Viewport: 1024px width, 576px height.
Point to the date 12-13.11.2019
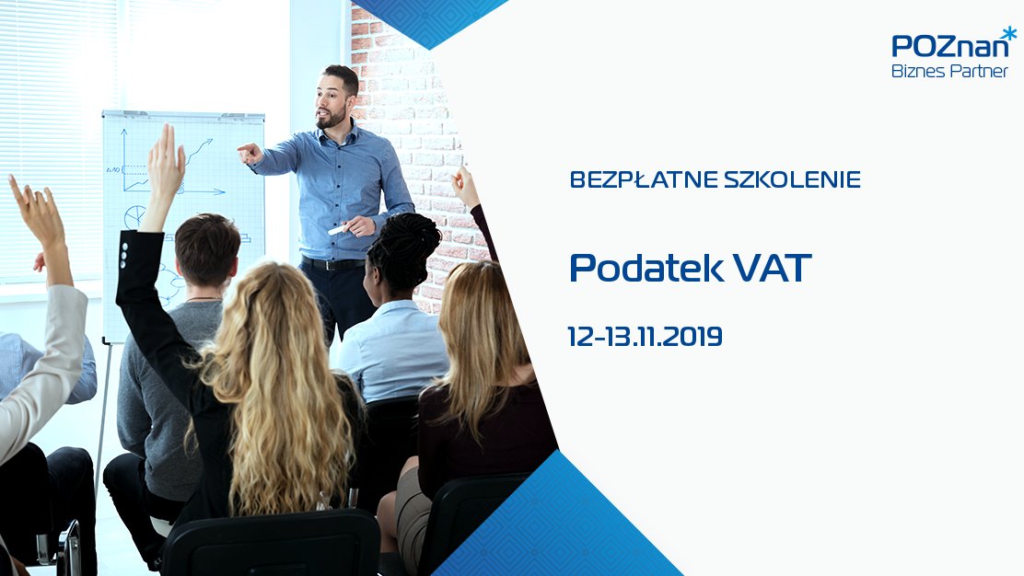pos(646,337)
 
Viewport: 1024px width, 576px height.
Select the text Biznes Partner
pos(949,71)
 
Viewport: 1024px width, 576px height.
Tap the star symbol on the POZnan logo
pos(1010,32)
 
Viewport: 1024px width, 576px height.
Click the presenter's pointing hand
pos(249,154)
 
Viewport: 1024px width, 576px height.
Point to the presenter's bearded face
pos(333,101)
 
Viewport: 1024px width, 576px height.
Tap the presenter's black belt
pos(333,264)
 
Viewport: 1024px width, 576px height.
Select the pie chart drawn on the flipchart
pos(136,216)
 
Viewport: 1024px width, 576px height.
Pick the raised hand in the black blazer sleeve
pos(166,162)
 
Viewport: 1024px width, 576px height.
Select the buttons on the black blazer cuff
pos(123,256)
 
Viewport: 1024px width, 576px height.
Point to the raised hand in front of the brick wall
pos(465,186)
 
